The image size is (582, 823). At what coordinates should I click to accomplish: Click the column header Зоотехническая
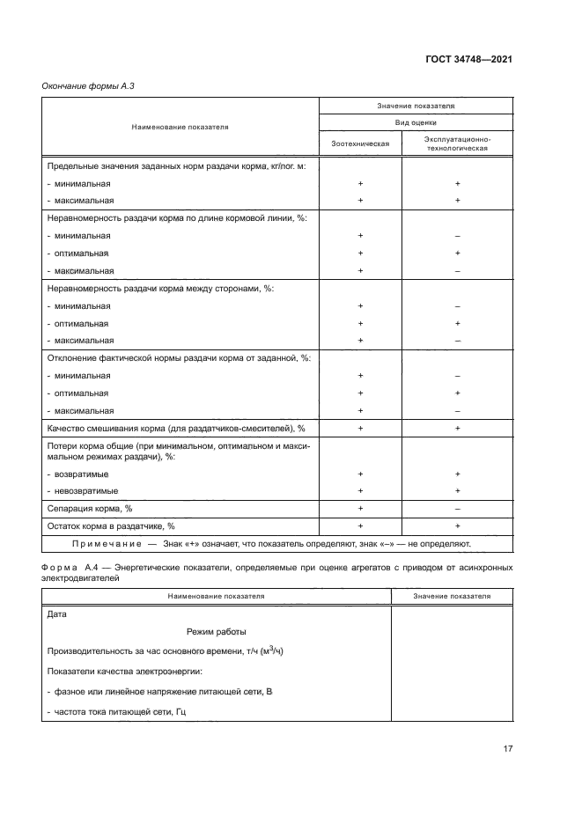pyautogui.click(x=360, y=143)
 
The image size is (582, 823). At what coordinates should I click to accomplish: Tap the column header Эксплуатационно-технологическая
pyautogui.click(x=457, y=143)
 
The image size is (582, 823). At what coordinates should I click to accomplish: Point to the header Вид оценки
pyautogui.click(x=416, y=123)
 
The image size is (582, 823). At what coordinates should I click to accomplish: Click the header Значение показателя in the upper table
pyautogui.click(x=416, y=106)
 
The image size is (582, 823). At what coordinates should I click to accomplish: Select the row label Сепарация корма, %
pyautogui.click(x=88, y=508)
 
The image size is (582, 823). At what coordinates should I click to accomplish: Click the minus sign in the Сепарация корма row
pyautogui.click(x=458, y=508)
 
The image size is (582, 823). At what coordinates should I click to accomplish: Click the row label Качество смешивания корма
pyautogui.click(x=174, y=427)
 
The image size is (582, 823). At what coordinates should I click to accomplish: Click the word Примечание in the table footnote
pyautogui.click(x=107, y=543)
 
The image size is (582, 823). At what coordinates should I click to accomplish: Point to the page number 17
pyautogui.click(x=507, y=748)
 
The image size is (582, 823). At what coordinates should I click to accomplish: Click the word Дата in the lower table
pyautogui.click(x=55, y=614)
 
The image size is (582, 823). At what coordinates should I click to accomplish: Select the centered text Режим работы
pyautogui.click(x=217, y=631)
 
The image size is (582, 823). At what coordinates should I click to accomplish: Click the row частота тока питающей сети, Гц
pyautogui.click(x=120, y=710)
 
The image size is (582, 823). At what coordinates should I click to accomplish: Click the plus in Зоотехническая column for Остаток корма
pyautogui.click(x=360, y=525)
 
